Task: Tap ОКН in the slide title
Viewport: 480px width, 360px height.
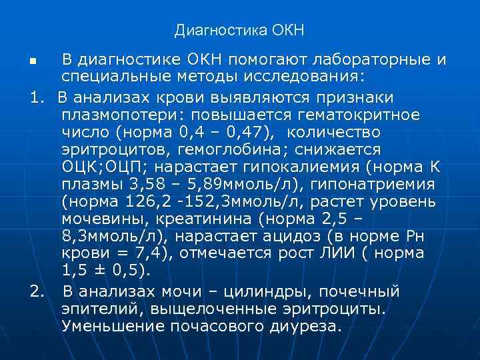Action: coord(288,31)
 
